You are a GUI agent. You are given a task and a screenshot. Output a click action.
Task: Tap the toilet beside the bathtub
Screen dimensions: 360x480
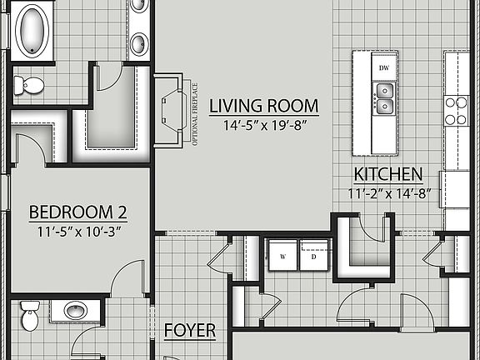pyautogui.click(x=29, y=83)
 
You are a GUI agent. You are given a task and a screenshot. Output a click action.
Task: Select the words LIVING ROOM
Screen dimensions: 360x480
pyautogui.click(x=263, y=106)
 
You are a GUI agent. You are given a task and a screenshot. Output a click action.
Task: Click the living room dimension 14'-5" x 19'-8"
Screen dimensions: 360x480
pyautogui.click(x=263, y=126)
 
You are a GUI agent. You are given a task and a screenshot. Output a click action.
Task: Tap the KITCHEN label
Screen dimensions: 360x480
pyautogui.click(x=387, y=175)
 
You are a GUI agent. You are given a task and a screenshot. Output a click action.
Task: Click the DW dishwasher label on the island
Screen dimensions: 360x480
pyautogui.click(x=384, y=67)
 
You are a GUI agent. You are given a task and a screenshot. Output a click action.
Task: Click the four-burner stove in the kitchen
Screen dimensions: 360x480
pyautogui.click(x=457, y=110)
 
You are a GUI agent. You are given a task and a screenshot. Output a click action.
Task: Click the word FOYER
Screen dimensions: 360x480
pyautogui.click(x=190, y=331)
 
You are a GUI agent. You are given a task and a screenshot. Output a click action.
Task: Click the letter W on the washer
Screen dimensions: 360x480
pyautogui.click(x=282, y=257)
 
